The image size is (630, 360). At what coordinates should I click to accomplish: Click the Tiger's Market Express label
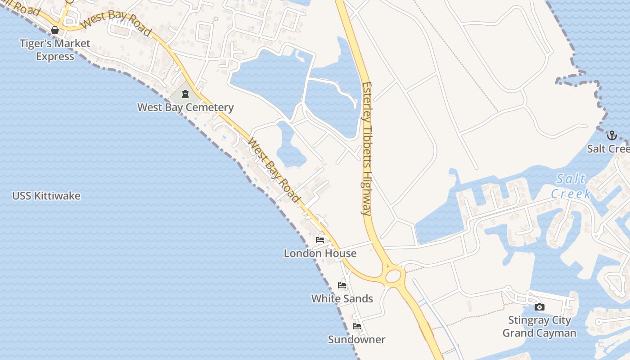(x=55, y=50)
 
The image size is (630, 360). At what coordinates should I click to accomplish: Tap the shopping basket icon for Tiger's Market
(x=55, y=30)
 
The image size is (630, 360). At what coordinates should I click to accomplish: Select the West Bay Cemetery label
(x=185, y=107)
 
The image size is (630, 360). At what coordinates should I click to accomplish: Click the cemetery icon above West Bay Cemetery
(x=185, y=94)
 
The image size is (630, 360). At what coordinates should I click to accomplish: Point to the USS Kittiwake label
(x=46, y=196)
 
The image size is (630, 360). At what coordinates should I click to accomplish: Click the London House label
(x=320, y=253)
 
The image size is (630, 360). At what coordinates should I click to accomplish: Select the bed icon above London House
(x=320, y=240)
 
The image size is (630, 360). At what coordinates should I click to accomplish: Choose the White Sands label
(x=342, y=298)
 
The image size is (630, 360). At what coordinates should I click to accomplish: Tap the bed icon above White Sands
(x=342, y=285)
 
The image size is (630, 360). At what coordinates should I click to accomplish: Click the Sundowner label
(x=356, y=339)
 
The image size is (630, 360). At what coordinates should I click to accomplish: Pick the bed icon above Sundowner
(x=357, y=326)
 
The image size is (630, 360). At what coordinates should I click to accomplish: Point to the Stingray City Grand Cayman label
(x=539, y=327)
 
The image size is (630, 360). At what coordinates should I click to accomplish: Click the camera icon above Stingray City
(x=539, y=307)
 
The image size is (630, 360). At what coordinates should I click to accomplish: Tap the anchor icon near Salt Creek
(x=612, y=135)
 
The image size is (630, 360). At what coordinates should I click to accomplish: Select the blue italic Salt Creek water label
(x=571, y=186)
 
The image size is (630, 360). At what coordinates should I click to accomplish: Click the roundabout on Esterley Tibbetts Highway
(x=393, y=275)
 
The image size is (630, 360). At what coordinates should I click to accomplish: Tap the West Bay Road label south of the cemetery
(x=274, y=170)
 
